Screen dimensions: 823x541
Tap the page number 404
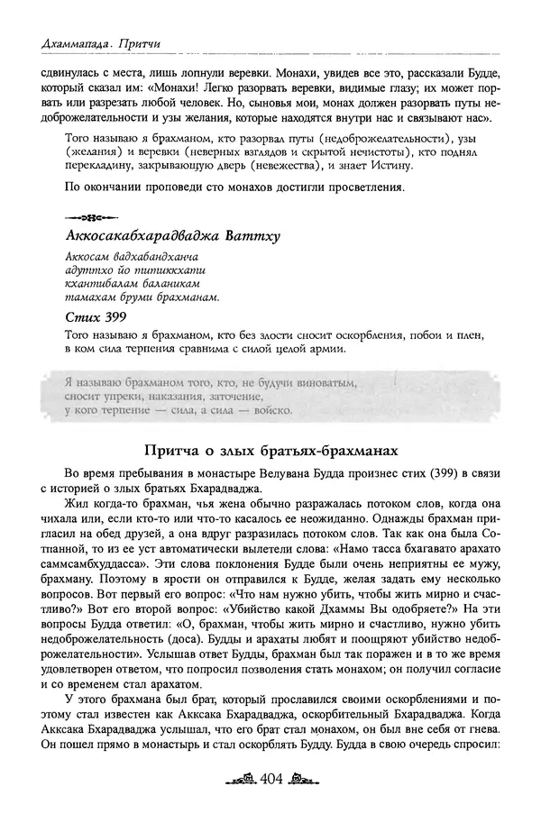(270, 803)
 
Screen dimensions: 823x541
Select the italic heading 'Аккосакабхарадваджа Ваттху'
(172, 236)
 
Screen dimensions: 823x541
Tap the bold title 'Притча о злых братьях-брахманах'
(270, 449)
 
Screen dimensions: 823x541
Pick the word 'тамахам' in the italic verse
(88, 297)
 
